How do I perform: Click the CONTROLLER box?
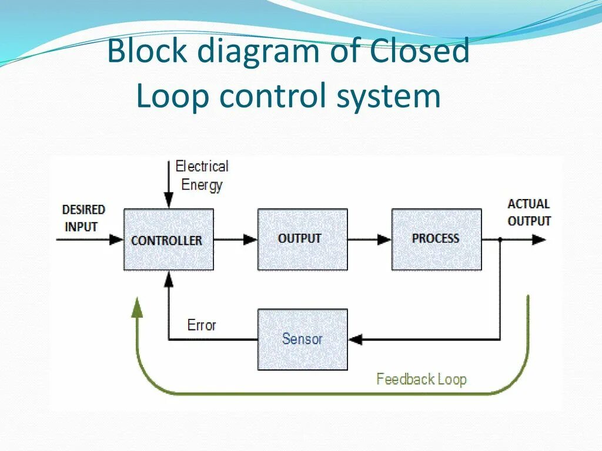[x=169, y=240]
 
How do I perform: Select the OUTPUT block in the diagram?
[x=303, y=240]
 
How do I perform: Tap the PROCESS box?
[x=437, y=240]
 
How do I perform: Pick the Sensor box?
[x=303, y=339]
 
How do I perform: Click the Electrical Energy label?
[x=202, y=176]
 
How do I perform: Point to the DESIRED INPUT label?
[x=83, y=218]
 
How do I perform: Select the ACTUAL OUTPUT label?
[x=529, y=212]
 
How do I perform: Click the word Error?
[x=202, y=325]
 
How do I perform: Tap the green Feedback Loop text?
[x=421, y=379]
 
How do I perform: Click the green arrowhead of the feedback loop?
[x=136, y=308]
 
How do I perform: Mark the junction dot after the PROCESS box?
[x=500, y=240]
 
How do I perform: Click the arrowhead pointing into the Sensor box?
[x=355, y=339]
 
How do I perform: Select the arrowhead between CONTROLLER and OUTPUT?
[x=250, y=240]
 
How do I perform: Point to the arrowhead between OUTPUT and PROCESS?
[x=384, y=240]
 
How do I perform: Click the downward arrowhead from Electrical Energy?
[x=169, y=201]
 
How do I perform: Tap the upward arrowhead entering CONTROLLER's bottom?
[x=169, y=279]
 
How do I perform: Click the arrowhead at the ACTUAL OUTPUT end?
[x=539, y=240]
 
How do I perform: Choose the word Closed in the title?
[x=420, y=51]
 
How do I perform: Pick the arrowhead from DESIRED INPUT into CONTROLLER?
[x=116, y=240]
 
